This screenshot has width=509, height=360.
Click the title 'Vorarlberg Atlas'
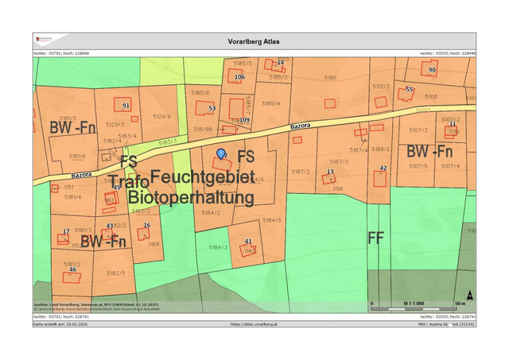254,41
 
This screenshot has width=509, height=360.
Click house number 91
126,106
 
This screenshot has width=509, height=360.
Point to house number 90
432,70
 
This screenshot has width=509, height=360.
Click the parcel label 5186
330,78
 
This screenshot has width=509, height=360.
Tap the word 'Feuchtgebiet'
202,176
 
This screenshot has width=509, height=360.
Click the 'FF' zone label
375,238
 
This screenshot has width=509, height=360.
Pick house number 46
72,270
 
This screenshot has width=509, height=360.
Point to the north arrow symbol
470,295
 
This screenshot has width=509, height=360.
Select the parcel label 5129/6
162,117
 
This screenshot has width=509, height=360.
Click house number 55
410,90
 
